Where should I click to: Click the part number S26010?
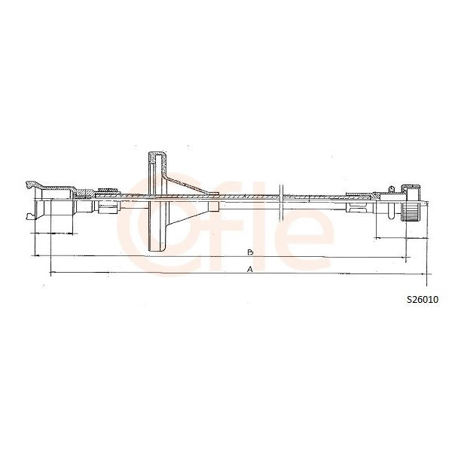tap(423, 300)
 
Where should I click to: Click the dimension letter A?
tap(250, 269)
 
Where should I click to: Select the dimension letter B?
tap(250, 252)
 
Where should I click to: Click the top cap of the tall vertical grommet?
tap(157, 154)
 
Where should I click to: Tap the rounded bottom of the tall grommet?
tap(157, 249)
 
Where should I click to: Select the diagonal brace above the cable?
tap(188, 184)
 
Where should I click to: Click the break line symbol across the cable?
tap(282, 203)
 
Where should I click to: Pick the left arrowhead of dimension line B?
tap(37, 255)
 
